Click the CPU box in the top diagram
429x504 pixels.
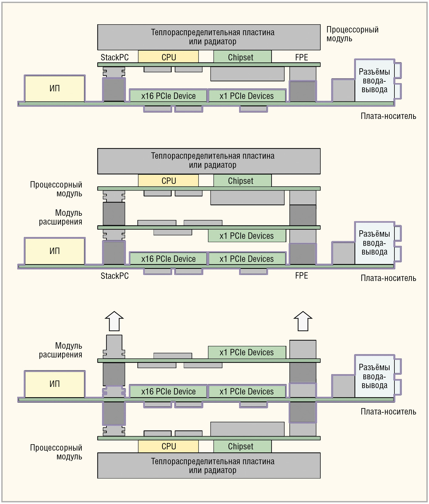coord(168,57)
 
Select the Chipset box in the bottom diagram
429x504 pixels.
coord(242,446)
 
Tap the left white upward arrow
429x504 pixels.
coord(114,321)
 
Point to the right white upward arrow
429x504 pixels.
coord(303,321)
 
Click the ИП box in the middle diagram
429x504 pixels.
coord(55,251)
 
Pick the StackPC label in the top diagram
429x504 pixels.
coord(115,57)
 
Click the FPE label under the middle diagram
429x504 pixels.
coord(302,276)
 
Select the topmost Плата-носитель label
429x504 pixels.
coord(388,116)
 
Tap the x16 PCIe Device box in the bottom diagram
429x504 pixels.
coord(168,391)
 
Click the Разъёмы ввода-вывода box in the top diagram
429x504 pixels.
coord(375,80)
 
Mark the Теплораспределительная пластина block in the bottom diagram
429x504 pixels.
coord(209,465)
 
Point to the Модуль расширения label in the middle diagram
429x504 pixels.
coord(61,217)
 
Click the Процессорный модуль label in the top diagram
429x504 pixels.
coord(353,34)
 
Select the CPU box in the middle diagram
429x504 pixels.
coord(168,181)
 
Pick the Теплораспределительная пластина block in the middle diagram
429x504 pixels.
coord(209,161)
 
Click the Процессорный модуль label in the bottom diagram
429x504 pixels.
coord(56,452)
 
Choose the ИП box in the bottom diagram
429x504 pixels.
coord(55,384)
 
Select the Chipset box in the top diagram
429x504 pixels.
coord(242,57)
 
